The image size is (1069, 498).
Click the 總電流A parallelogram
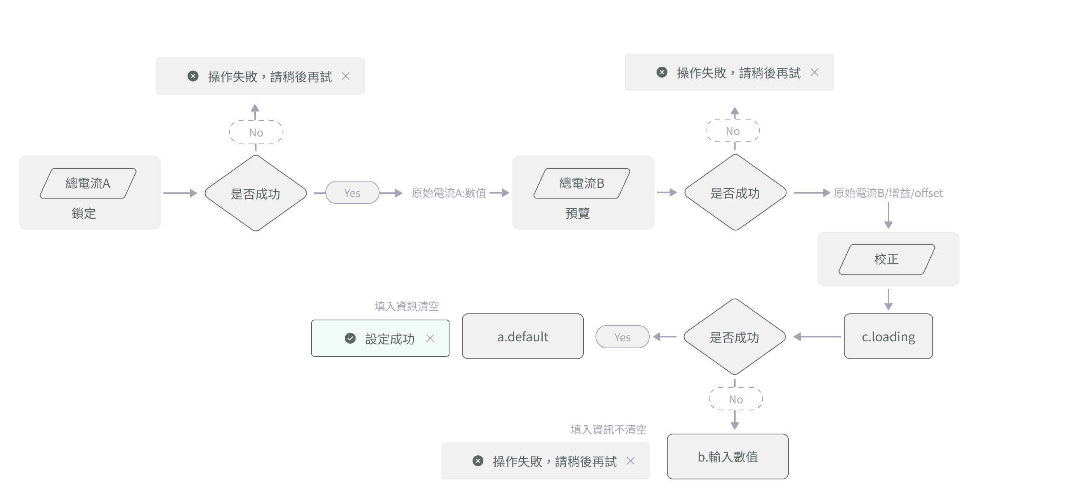88,183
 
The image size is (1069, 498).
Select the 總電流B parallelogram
581,183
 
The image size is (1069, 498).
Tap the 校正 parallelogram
887,259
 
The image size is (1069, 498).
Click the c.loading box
888,336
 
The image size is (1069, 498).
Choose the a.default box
522,336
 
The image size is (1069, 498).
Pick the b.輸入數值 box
727,456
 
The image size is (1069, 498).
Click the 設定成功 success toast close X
430,338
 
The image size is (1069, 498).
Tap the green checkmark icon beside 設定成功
350,338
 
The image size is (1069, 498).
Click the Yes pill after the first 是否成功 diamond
352,193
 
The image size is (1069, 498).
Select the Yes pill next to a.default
622,337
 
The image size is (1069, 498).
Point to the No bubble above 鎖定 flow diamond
256,132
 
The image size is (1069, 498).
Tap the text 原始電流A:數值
449,193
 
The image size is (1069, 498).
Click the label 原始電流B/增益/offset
888,193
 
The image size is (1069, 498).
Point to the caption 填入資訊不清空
608,430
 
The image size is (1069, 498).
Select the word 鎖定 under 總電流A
84,214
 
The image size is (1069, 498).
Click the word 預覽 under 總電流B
577,214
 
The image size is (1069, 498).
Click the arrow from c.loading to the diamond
817,337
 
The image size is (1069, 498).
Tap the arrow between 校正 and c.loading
888,299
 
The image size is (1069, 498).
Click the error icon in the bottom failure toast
478,461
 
